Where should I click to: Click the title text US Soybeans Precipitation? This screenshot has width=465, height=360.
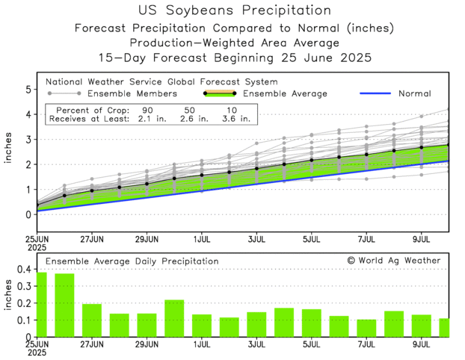coord(235,10)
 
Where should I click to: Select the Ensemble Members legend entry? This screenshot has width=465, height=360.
coord(132,93)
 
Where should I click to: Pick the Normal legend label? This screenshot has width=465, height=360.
coord(414,93)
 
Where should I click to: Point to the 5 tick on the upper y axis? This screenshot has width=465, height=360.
coord(28,90)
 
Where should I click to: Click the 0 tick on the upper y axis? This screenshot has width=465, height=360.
coord(28,214)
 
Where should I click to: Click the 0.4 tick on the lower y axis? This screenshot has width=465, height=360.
coord(25,269)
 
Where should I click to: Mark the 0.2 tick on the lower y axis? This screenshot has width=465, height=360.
coord(25,303)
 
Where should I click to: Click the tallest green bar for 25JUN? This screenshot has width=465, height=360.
coord(42,304)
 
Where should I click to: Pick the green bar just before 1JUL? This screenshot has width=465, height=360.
coord(173,318)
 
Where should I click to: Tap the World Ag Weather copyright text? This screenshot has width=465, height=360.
coord(393,261)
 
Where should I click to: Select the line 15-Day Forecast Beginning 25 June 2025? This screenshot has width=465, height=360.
coord(235,58)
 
